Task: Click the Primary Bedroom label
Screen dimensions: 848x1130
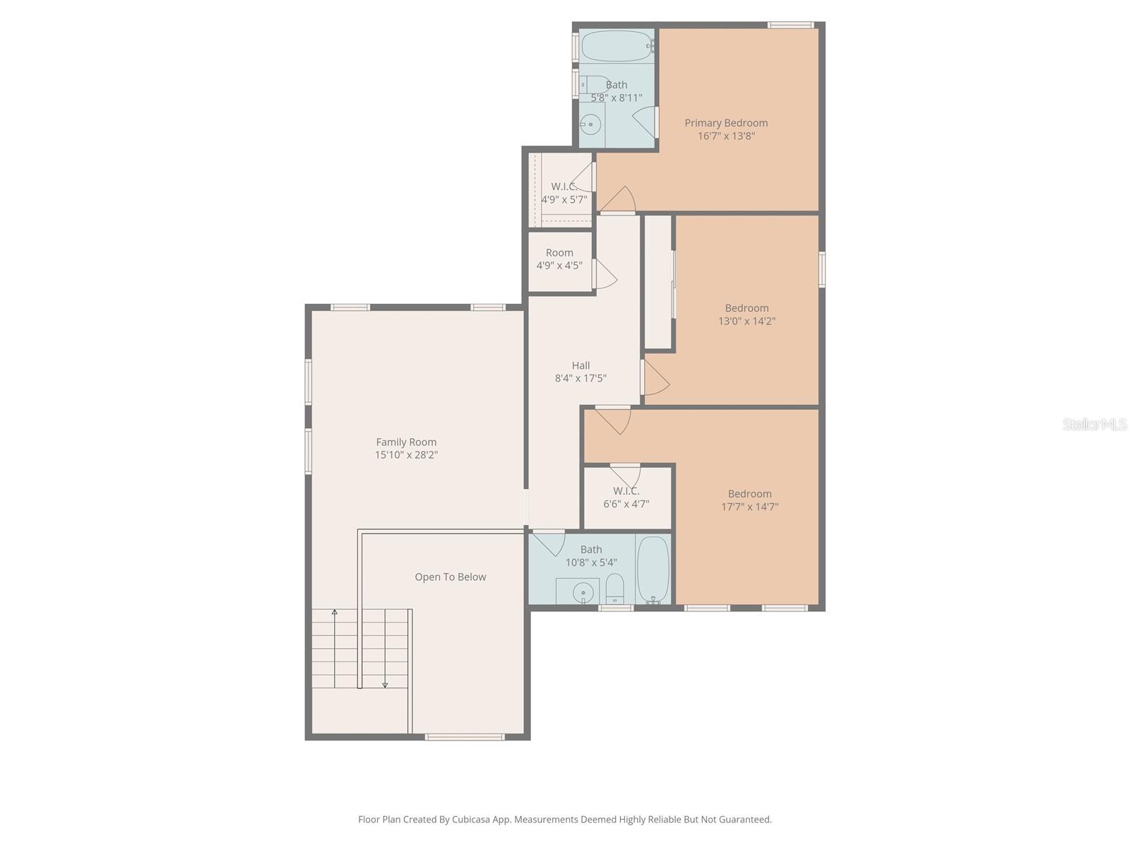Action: coord(726,123)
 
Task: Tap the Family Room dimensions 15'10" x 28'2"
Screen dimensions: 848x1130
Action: coord(406,455)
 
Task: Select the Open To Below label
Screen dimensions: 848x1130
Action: coord(450,577)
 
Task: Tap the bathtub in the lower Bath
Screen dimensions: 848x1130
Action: coord(653,570)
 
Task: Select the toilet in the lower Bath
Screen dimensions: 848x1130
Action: coord(615,588)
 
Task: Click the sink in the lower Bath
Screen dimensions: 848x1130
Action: coord(582,592)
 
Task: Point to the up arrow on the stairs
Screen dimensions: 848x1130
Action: coord(335,612)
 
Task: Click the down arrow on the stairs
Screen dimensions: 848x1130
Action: coord(385,683)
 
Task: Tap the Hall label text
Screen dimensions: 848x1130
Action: coord(581,365)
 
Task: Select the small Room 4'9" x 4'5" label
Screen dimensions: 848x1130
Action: coord(559,259)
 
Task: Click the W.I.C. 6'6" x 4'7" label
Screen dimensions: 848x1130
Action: coord(626,497)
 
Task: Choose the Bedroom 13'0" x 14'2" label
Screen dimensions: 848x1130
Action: coord(747,314)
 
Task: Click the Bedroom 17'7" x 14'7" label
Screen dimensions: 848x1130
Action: coord(749,500)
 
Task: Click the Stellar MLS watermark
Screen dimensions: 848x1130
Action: coord(1095,425)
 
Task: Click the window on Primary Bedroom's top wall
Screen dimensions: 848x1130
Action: coord(790,25)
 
